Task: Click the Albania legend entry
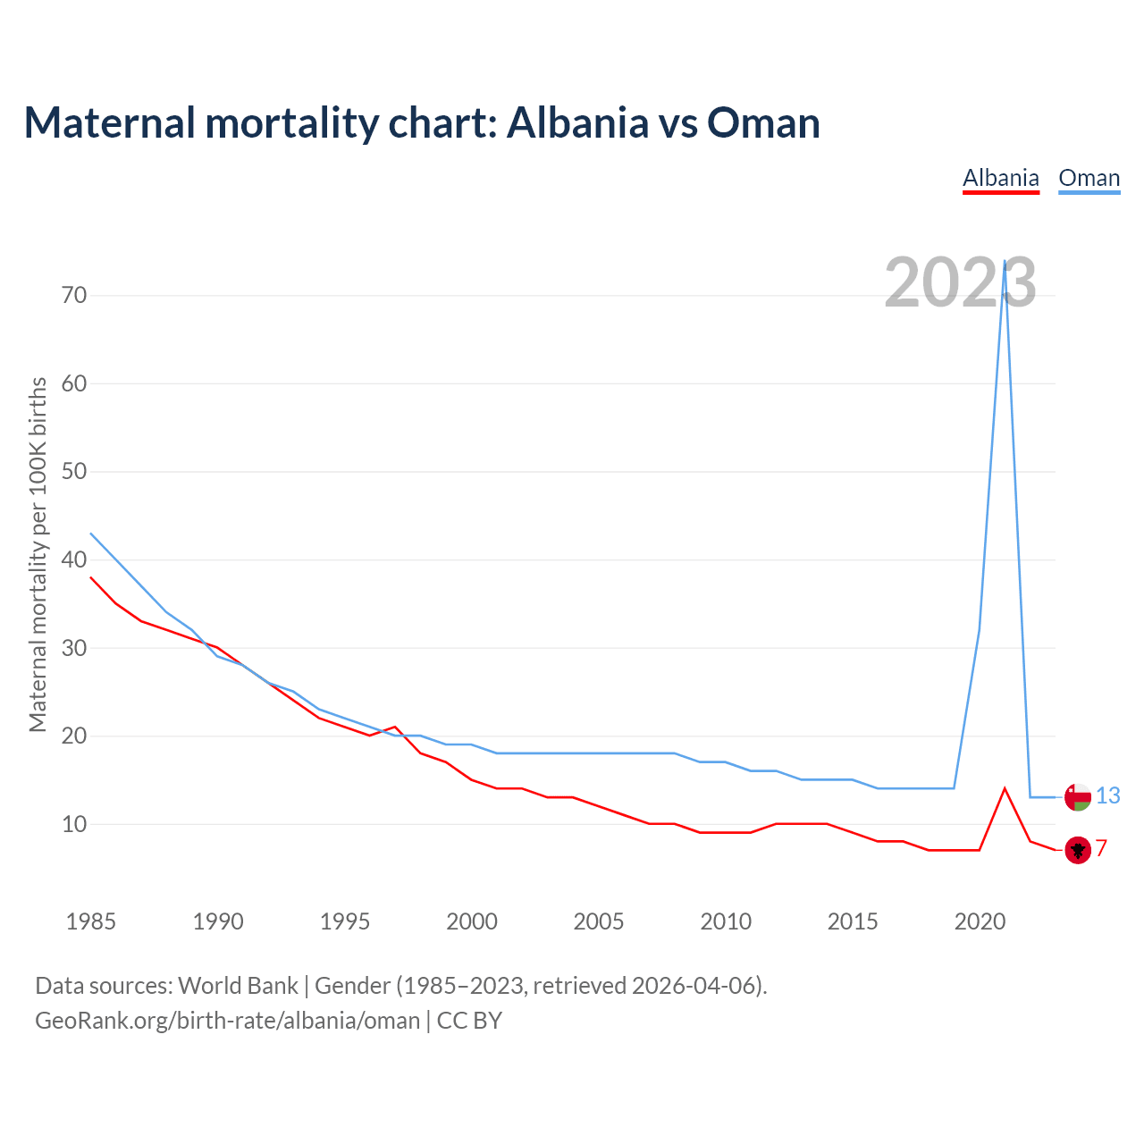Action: pyautogui.click(x=1000, y=178)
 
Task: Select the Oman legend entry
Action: pyautogui.click(x=1089, y=178)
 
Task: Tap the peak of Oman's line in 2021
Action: pyautogui.click(x=1005, y=262)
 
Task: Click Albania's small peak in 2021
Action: pyautogui.click(x=1005, y=788)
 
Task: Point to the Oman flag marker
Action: pyautogui.click(x=1078, y=796)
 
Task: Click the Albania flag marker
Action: pyautogui.click(x=1078, y=850)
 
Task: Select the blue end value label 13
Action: pyautogui.click(x=1107, y=795)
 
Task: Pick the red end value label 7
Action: pyautogui.click(x=1102, y=849)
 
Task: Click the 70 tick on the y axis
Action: pyautogui.click(x=74, y=295)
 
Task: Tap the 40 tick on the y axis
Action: pyautogui.click(x=74, y=559)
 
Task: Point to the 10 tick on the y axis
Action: pyautogui.click(x=74, y=824)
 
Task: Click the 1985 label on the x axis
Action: pyautogui.click(x=90, y=921)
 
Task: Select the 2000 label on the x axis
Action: pyautogui.click(x=472, y=921)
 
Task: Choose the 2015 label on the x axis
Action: pyautogui.click(x=853, y=921)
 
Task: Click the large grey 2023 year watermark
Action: pyautogui.click(x=960, y=282)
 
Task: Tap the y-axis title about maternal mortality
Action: pyautogui.click(x=38, y=554)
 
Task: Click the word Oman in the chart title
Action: pyautogui.click(x=762, y=122)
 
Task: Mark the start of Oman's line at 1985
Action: pyautogui.click(x=91, y=534)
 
